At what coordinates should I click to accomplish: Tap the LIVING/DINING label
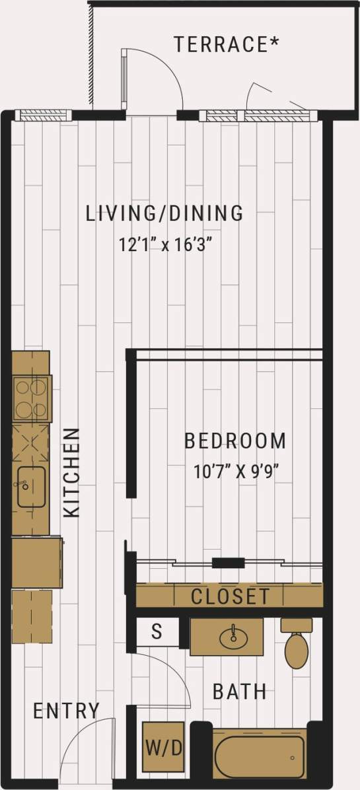point(165,213)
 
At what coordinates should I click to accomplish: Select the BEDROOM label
point(235,441)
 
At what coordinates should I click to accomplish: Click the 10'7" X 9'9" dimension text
point(235,472)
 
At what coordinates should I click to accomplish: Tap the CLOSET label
point(231,596)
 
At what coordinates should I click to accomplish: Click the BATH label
point(240,692)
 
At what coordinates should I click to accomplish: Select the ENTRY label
point(67,711)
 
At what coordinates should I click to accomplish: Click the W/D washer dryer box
point(163,749)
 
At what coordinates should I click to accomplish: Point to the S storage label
point(157,631)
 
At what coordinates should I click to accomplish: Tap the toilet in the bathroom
point(296,646)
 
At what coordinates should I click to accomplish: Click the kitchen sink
point(31,487)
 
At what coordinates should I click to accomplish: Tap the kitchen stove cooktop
point(30,398)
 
